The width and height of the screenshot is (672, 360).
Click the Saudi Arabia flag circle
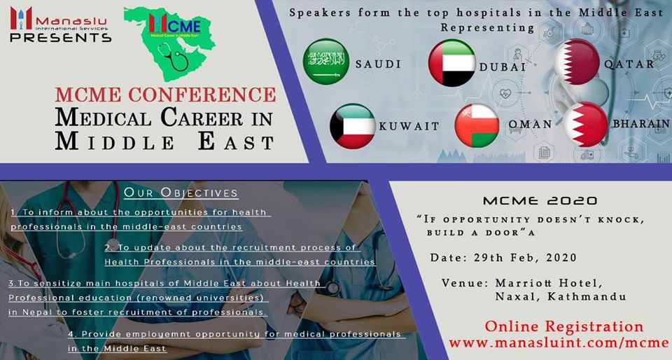coord(325,62)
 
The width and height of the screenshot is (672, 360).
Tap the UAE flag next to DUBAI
coord(451,63)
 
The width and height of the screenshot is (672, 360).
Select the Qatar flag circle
coord(577,62)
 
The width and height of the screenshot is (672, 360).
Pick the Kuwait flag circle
coord(352,126)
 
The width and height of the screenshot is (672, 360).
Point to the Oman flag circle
coord(477,125)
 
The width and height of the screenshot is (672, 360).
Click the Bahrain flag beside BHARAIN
coord(586,124)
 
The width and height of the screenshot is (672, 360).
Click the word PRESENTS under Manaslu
coord(60,38)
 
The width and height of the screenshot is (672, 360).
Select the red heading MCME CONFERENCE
coord(165,95)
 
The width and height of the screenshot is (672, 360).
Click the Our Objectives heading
coord(181,193)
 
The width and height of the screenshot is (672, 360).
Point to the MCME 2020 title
coord(540,200)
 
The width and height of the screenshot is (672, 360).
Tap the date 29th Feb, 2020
coord(526,258)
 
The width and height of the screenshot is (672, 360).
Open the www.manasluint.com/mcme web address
coord(559,343)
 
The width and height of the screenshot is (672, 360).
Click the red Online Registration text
coord(564,326)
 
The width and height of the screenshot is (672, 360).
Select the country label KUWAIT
coord(409,126)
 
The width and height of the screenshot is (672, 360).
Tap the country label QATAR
coord(629,64)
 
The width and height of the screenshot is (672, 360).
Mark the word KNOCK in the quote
coord(624,220)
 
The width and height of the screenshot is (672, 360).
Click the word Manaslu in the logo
coord(71,20)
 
